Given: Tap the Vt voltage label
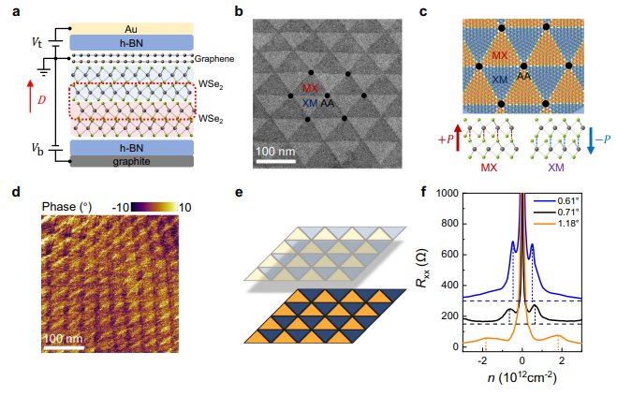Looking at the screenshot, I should coord(36,41).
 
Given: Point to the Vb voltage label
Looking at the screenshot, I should coord(36,148).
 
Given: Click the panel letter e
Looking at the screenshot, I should coord(240,194).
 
